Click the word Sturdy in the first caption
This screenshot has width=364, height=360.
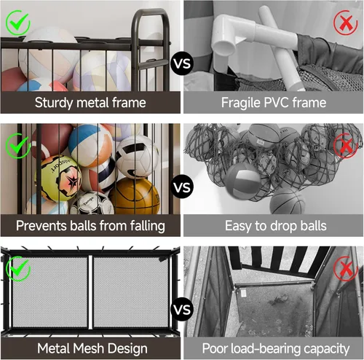54,103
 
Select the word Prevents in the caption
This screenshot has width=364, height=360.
41,226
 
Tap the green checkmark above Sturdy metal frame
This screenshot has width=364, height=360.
17,23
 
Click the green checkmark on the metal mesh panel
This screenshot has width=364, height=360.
18,268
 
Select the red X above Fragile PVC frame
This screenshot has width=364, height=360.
346,23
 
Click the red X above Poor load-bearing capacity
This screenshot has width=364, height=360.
346,268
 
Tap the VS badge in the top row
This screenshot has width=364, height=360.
182,63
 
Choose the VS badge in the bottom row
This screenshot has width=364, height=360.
182,310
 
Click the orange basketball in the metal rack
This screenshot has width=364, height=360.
135,196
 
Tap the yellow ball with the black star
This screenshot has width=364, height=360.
58,179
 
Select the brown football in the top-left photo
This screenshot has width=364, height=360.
12,79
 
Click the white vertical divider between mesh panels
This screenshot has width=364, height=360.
90,292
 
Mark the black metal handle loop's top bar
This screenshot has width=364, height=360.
151,11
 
